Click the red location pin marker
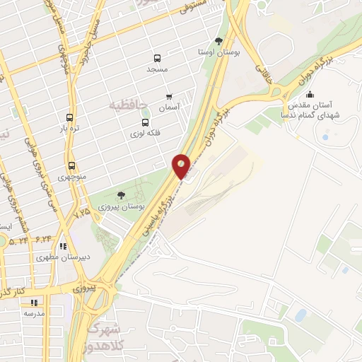[182, 165]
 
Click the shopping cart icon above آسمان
[168, 96]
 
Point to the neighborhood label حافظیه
[128, 105]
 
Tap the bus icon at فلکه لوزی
[146, 122]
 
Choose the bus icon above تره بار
[69, 118]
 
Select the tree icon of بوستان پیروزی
[121, 195]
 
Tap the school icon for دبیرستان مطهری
[62, 247]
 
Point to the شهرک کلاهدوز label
[106, 338]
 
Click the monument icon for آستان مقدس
[309, 95]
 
